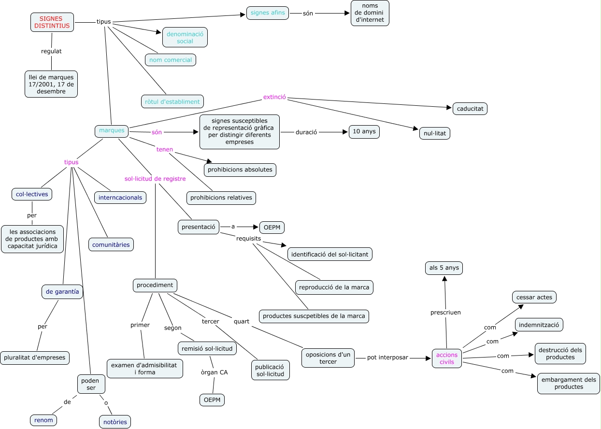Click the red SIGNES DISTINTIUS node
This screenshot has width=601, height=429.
(52, 22)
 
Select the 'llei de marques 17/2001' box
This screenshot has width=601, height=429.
(51, 84)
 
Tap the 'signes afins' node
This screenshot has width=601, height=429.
(268, 13)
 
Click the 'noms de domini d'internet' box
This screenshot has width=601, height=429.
(370, 13)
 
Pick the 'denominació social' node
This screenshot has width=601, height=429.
(185, 37)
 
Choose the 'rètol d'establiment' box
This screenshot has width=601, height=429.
(172, 101)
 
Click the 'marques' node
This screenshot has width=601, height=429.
(112, 130)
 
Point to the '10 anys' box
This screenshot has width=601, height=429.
(364, 132)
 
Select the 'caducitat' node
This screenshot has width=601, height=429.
(470, 109)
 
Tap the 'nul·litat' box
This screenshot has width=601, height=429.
(435, 132)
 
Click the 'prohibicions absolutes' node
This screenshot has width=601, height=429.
(240, 170)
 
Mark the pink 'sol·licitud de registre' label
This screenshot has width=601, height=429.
(155, 179)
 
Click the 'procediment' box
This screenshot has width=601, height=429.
(155, 285)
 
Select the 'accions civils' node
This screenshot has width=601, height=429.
(447, 358)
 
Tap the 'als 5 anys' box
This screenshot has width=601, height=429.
(444, 268)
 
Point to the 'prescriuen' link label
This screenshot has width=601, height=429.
(445, 312)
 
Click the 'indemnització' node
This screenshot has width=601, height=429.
(539, 325)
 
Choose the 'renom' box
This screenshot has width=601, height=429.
(43, 420)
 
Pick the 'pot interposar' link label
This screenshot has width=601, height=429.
(387, 357)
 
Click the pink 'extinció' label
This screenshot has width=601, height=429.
(274, 97)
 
